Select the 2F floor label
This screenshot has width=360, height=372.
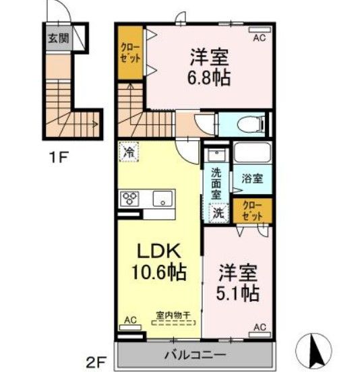[96, 359]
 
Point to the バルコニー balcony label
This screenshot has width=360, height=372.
[196, 354]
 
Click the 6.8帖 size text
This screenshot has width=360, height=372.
[210, 77]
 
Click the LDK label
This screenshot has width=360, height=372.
[158, 250]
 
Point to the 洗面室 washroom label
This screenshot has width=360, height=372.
[216, 183]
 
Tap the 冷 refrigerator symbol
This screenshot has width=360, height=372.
[127, 152]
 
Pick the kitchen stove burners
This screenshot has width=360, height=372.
[129, 199]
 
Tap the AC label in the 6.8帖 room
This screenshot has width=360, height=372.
[259, 38]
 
